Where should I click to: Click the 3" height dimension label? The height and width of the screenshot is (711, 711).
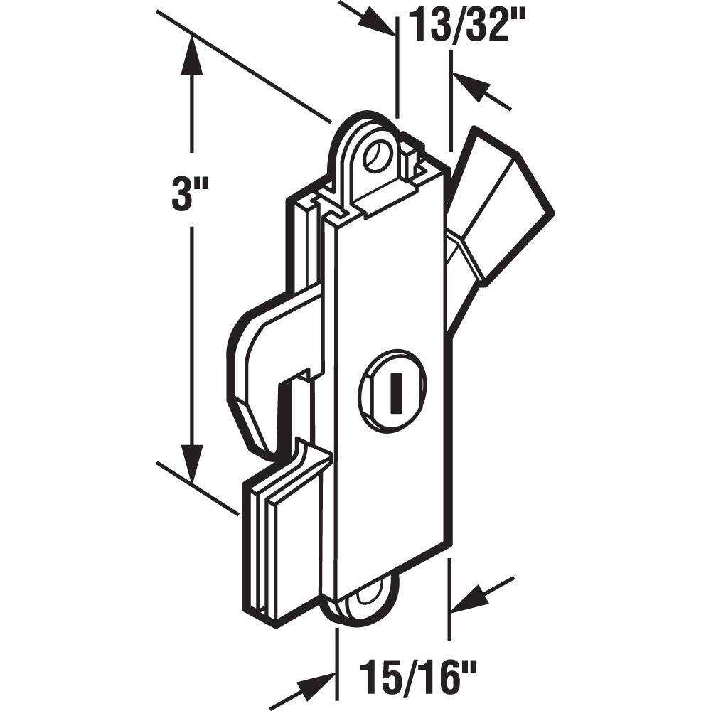tap(190, 195)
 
